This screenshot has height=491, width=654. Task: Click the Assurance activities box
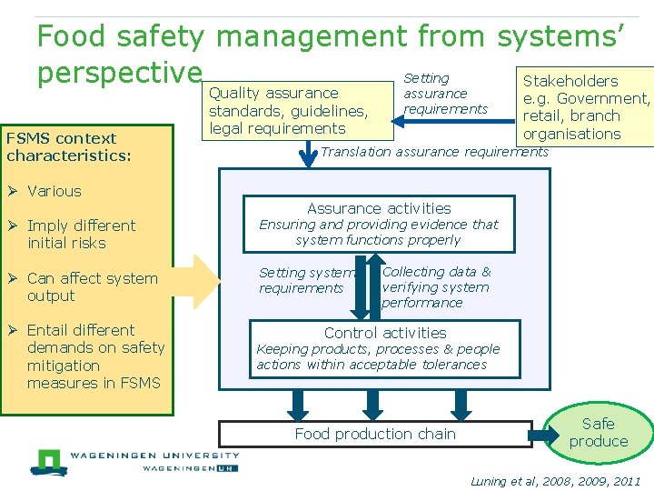pos(379,224)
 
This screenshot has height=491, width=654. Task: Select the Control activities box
pos(384,348)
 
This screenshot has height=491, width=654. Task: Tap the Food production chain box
pos(375,434)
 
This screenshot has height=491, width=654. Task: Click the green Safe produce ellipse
pos(599,432)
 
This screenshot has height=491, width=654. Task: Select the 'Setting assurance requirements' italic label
pos(445,94)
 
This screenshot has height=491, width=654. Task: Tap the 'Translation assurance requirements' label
pos(434,152)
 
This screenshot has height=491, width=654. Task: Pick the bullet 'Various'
pos(54,191)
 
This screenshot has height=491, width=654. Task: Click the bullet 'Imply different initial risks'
pos(80,234)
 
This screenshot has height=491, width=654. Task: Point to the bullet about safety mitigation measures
pos(94,356)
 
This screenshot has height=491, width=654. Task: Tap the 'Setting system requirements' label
pos(306,280)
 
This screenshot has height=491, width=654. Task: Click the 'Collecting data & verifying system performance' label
pos(436,287)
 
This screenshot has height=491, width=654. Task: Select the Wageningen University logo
pos(134,461)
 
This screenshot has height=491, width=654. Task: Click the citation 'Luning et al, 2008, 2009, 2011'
pos(555,481)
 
